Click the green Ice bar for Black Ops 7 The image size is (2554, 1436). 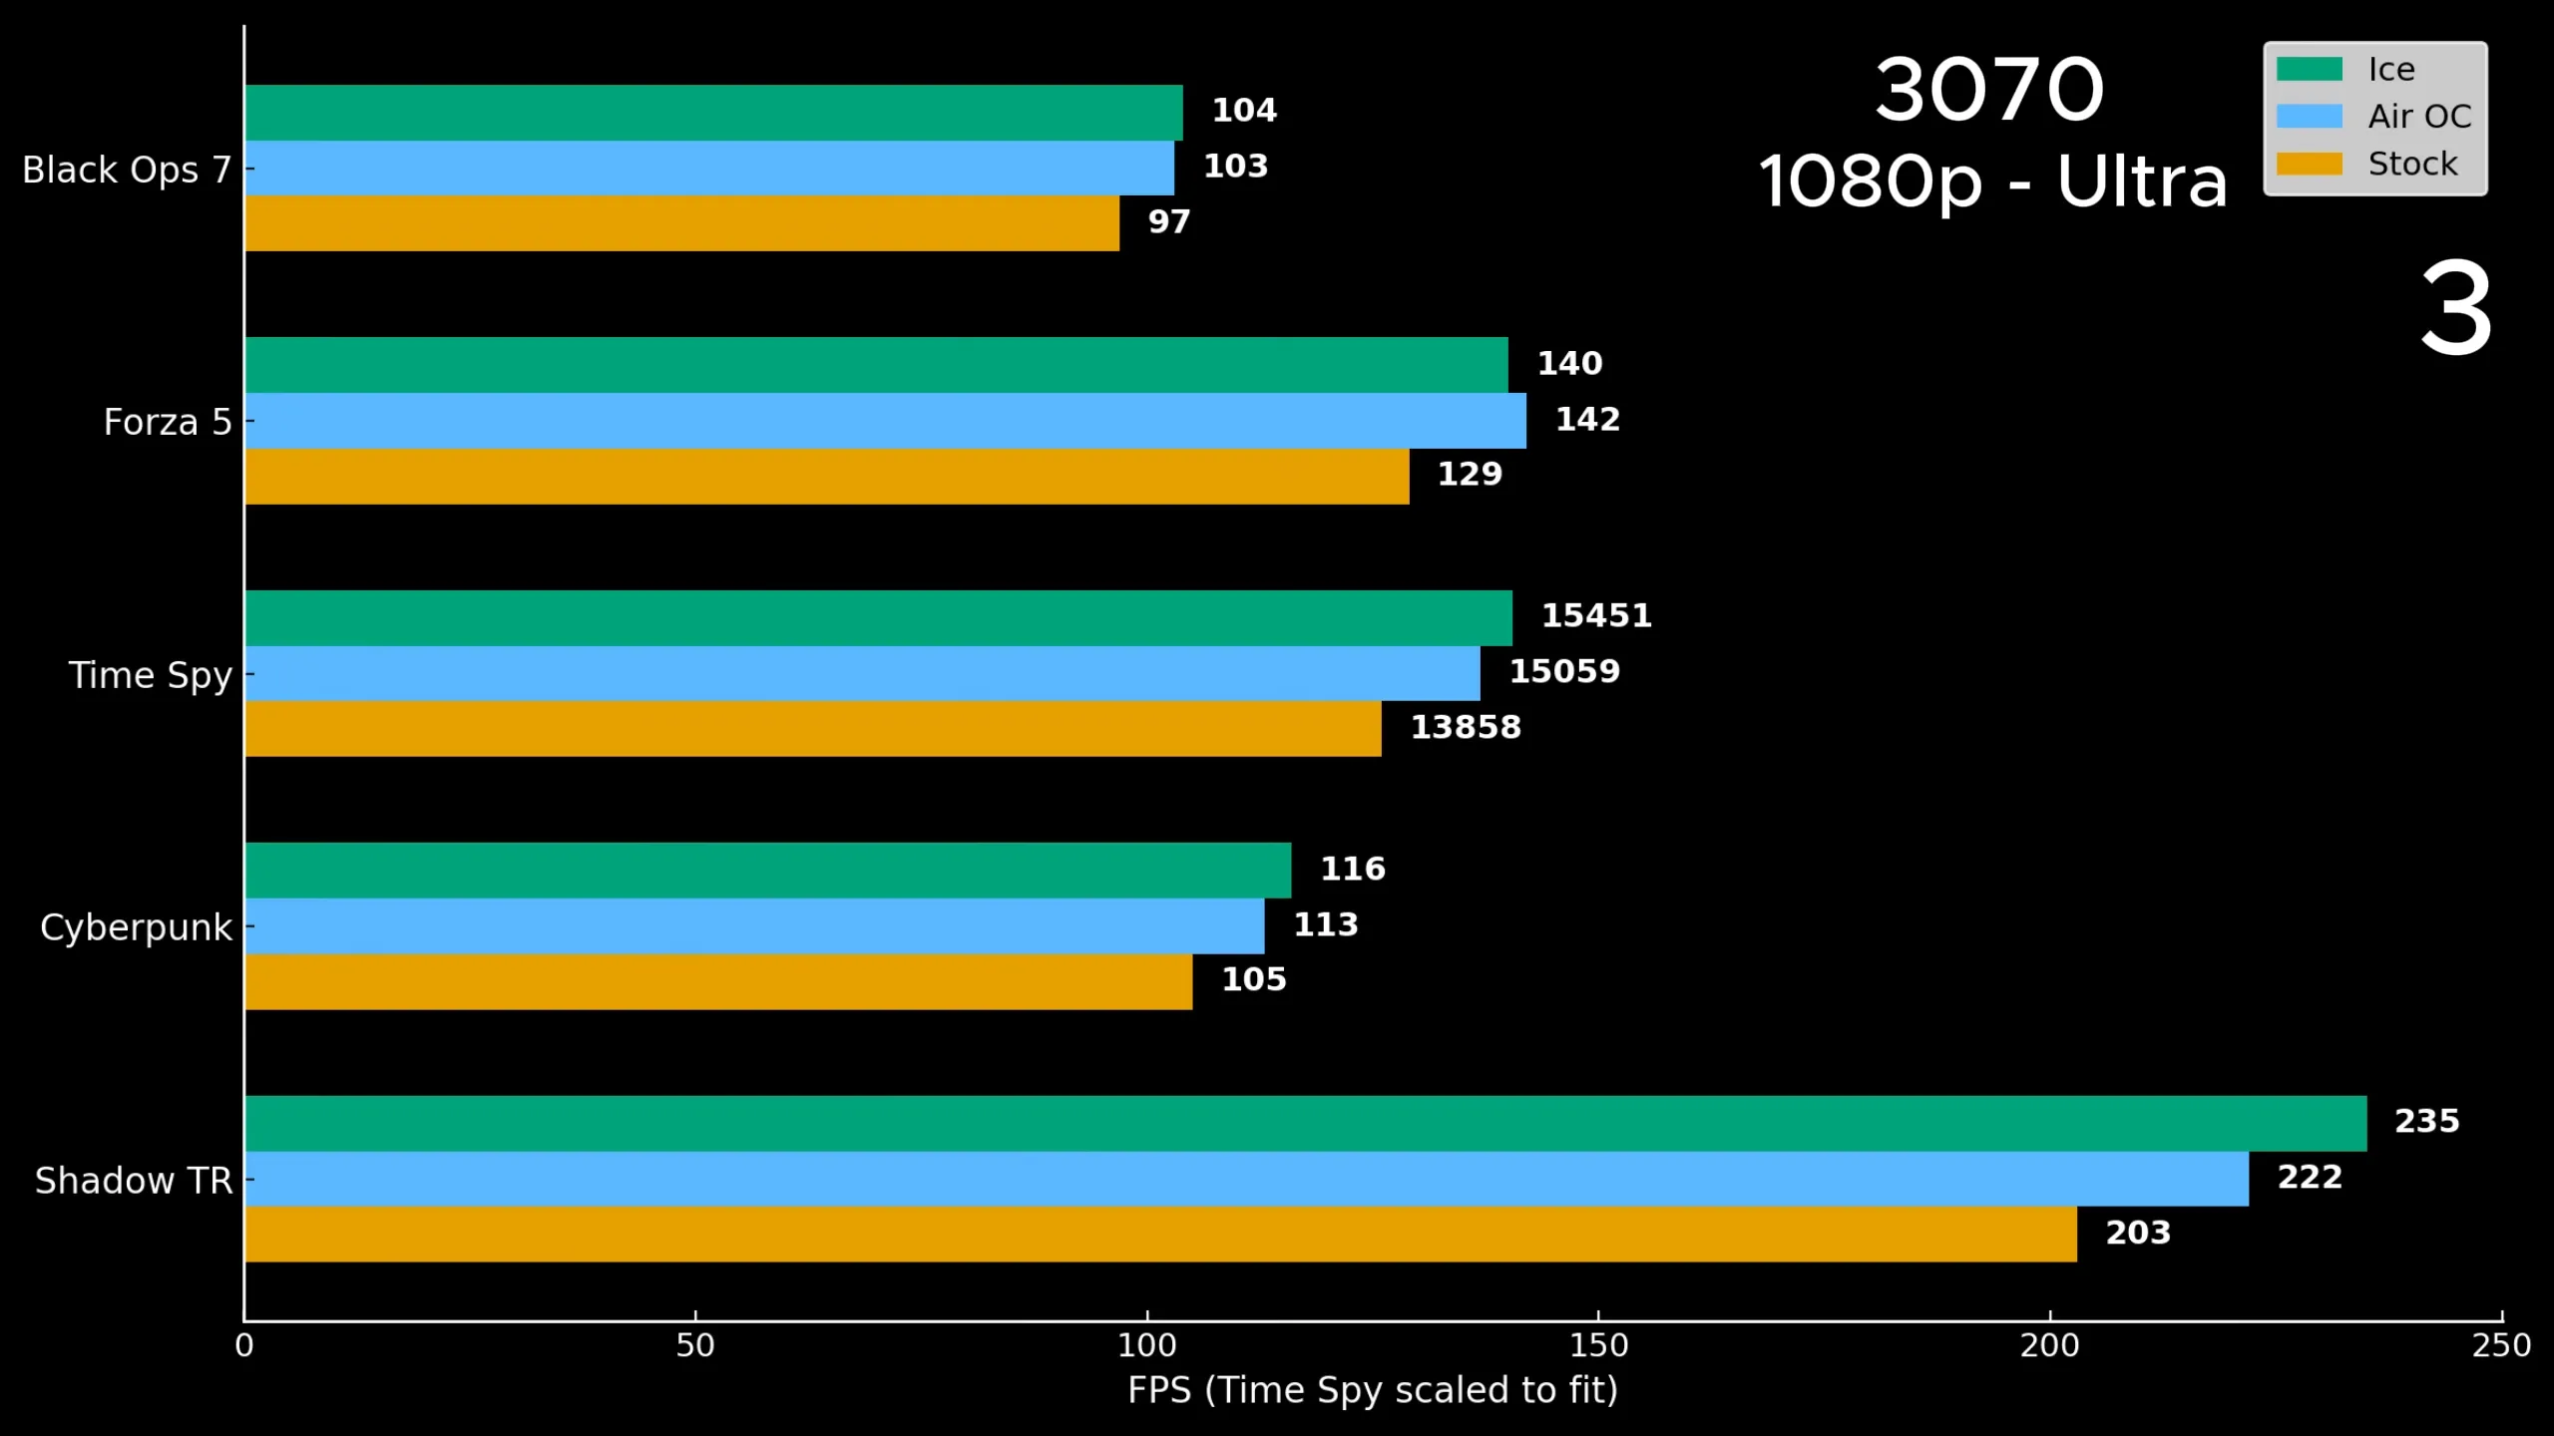[713, 113]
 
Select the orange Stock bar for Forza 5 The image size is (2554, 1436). [827, 477]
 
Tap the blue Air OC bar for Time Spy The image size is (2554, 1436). [863, 673]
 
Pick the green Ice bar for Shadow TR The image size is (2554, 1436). [1306, 1124]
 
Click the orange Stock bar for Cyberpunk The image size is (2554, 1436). [718, 982]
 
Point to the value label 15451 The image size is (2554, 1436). [1596, 615]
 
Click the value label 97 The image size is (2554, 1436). [1169, 221]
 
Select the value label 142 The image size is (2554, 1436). [1588, 419]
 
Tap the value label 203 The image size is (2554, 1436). [2138, 1233]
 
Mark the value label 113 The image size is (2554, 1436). [1326, 924]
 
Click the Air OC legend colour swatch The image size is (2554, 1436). [2309, 117]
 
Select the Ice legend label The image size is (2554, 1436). [2391, 69]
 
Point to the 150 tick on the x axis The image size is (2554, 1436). [1598, 1317]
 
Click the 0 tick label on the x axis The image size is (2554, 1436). [244, 1346]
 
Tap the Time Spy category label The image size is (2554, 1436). [151, 676]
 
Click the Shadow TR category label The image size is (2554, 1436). [134, 1181]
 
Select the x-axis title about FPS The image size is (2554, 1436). [1373, 1390]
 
